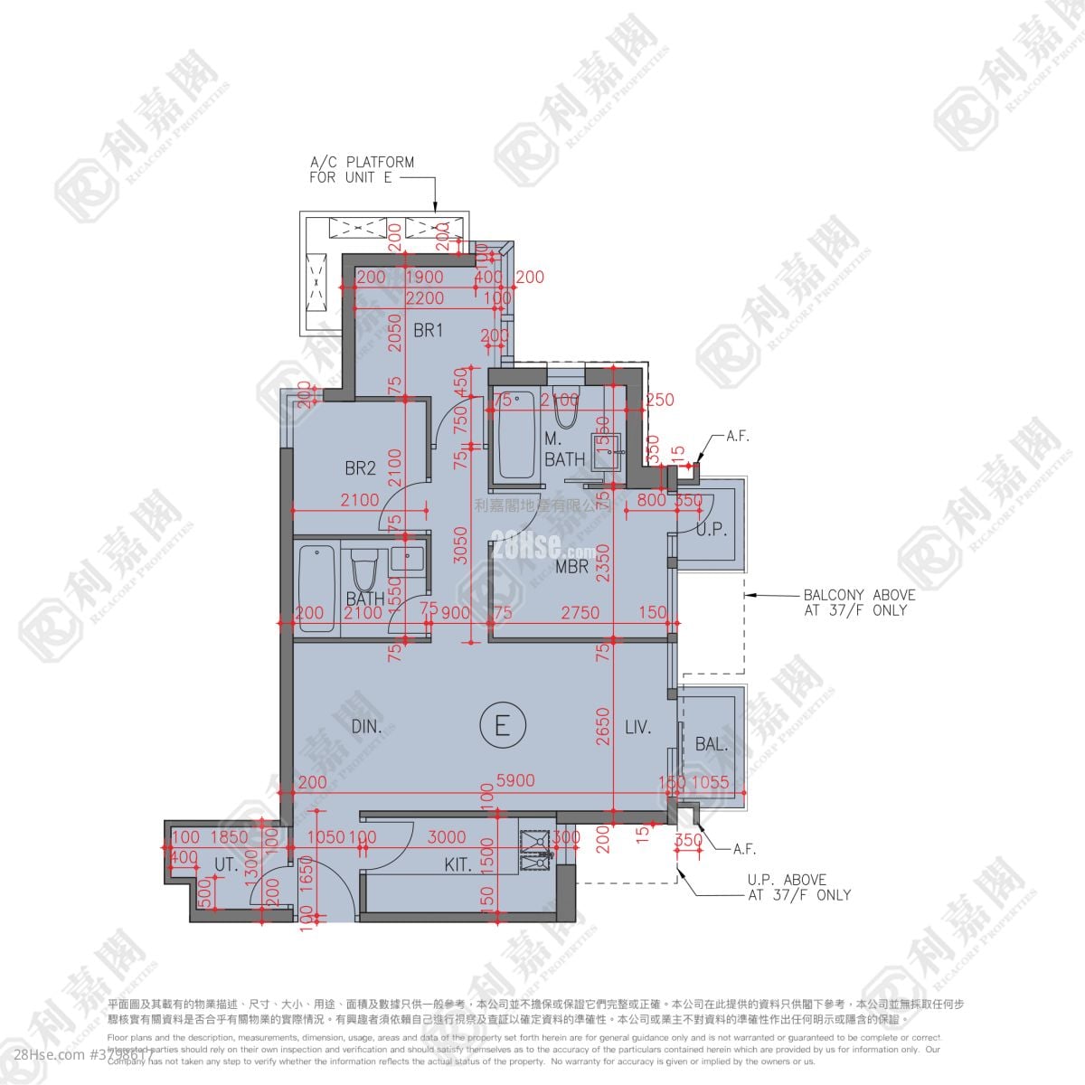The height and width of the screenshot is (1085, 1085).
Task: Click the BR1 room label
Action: [429, 331]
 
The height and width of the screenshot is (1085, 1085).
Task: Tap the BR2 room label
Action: [360, 468]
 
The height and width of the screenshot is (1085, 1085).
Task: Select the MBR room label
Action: [572, 567]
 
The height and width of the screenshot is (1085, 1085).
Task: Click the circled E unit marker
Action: [503, 725]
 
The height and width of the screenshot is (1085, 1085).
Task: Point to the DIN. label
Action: [367, 726]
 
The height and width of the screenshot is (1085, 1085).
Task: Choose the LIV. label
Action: [637, 726]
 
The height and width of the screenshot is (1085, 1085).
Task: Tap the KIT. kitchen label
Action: [458, 865]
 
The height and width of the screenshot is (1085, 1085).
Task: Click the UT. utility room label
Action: [226, 865]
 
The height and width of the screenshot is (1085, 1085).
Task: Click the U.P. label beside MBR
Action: [712, 530]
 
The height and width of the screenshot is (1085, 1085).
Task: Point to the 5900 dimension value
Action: [516, 781]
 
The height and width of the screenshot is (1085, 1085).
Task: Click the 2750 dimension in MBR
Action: [580, 612]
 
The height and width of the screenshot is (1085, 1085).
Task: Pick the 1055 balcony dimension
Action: [710, 782]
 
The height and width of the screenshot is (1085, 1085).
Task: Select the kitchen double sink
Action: [535, 850]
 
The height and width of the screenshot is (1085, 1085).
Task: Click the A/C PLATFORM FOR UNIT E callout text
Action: [362, 170]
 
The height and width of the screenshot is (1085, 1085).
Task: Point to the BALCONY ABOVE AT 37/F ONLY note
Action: [859, 602]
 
